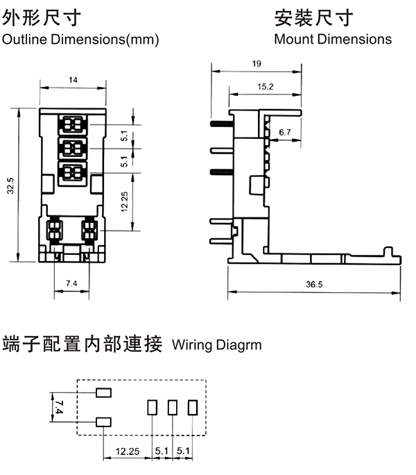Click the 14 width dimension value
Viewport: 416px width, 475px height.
coord(73,81)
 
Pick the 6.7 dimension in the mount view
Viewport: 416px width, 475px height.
coord(285,131)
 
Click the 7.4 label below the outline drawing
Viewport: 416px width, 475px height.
coord(71,283)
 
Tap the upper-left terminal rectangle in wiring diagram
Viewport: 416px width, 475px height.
coord(103,393)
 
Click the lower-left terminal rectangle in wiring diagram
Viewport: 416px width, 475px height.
coord(103,420)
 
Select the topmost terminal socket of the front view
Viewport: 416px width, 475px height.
coord(73,126)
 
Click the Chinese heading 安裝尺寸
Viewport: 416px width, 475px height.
coord(313,16)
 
